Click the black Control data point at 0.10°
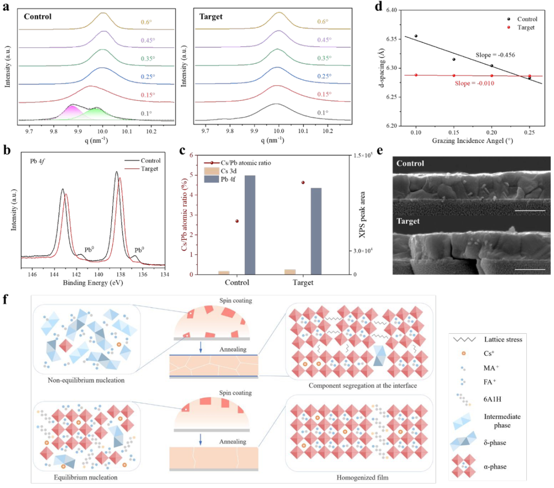click(x=415, y=36)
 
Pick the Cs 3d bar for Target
click(x=290, y=272)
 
